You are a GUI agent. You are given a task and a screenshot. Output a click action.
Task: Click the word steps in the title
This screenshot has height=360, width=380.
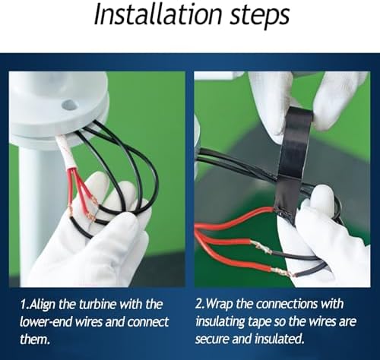(260, 17)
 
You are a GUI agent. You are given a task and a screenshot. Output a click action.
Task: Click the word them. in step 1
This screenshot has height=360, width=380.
(35, 339)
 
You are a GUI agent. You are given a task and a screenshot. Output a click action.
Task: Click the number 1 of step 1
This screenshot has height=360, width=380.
(23, 305)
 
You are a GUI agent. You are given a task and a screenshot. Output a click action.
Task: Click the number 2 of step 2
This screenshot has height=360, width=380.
(198, 305)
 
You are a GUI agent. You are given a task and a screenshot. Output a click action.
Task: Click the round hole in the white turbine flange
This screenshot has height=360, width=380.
(68, 104)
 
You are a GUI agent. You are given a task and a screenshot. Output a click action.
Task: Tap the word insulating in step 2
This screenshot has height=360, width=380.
(220, 322)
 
